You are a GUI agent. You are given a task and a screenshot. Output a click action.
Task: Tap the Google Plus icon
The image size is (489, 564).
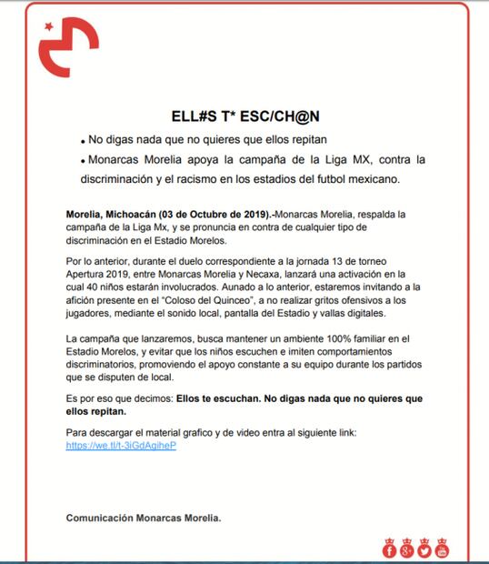407,549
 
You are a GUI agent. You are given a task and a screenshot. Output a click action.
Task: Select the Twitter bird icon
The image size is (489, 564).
424,549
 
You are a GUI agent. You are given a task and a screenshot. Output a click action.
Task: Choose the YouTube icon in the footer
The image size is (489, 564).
442,549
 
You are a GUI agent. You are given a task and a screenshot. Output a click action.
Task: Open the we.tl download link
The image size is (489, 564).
121,447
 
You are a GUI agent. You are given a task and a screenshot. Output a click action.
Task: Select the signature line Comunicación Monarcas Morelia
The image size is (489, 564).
144,518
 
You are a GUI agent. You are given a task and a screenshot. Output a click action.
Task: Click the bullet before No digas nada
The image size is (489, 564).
82,143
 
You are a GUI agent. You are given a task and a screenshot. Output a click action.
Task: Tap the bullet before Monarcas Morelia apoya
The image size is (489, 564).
82,161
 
